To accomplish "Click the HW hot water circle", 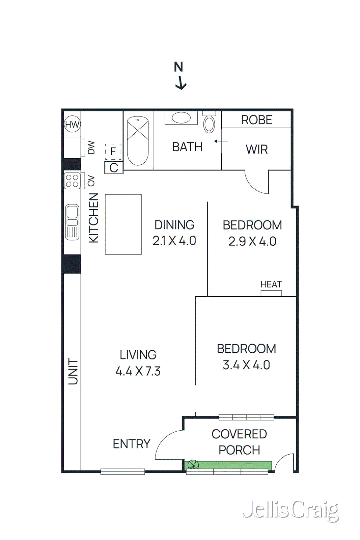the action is pos(72,125).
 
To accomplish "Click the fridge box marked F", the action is pos(113,152).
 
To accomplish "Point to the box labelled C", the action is pos(114,168).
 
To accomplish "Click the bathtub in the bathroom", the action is pos(138,141).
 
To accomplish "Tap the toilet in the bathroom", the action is pos(209,122).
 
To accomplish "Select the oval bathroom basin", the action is pos(181,118).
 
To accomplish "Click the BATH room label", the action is pos(187,147).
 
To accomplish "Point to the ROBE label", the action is pos(257,120).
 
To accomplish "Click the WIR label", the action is pos(257,149).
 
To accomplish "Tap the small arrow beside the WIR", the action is pos(221,141).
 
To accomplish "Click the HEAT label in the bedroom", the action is pos(271,284).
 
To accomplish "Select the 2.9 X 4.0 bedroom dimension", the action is pos(252,241).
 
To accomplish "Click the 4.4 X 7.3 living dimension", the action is pos(138,371).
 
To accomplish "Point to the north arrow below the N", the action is pos(181,83).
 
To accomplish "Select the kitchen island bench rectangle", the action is pos(123,224).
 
